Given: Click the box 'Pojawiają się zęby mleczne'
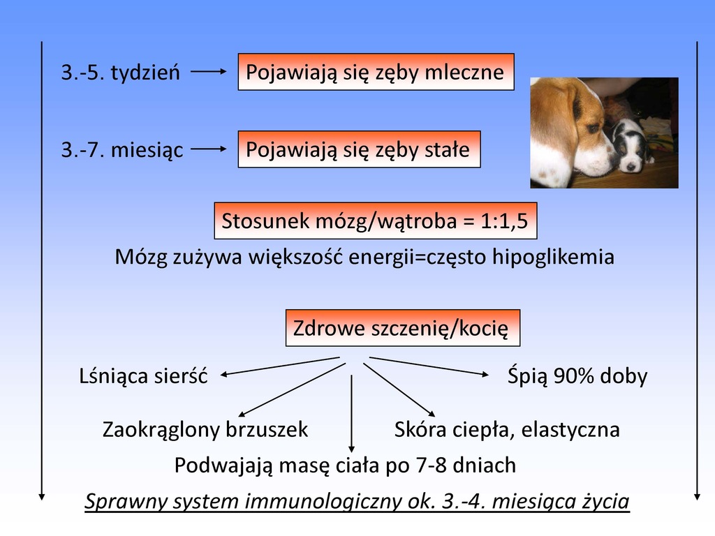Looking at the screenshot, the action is [376, 72].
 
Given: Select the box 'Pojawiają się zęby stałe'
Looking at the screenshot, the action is [360, 149].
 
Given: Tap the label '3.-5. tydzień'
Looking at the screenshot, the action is [121, 72].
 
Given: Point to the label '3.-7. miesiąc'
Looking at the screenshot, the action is [122, 149].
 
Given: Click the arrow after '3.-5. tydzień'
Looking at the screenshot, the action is [208, 72].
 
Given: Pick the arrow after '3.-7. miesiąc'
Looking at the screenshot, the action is [208, 149].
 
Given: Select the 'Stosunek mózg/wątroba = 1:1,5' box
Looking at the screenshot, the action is [375, 221].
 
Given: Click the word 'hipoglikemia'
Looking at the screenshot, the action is [553, 257].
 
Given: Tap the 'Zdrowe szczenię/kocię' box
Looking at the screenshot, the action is [403, 328].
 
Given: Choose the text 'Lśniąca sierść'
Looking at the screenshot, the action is [143, 376].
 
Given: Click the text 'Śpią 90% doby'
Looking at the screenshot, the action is [577, 376].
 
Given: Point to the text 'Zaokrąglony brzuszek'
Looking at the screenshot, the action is [205, 429].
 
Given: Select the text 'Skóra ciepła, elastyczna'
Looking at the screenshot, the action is [507, 429].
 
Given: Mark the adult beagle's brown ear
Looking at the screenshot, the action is [558, 117].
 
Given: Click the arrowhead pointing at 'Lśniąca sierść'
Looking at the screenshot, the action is [224, 375].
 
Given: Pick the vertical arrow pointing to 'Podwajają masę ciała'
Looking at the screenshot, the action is [351, 413].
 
